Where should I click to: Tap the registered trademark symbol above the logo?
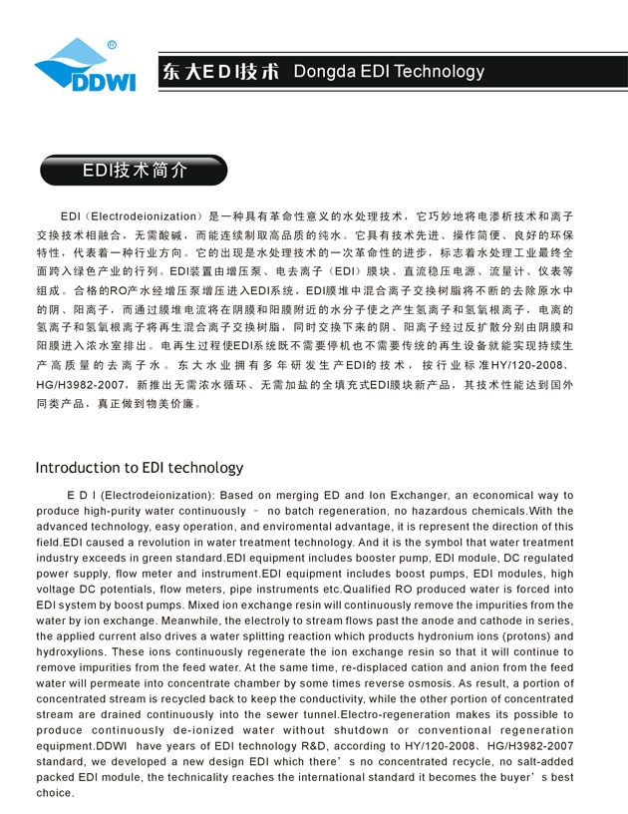tap(112, 44)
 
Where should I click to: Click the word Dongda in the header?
tap(327, 72)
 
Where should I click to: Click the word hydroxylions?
tap(74, 651)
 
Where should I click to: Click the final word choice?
tap(55, 793)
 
